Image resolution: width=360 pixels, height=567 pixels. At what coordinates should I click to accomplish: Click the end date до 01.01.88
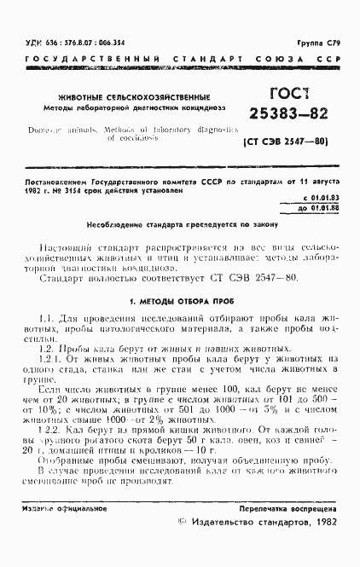320,206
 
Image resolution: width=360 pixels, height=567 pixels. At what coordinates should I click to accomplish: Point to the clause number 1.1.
48,319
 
